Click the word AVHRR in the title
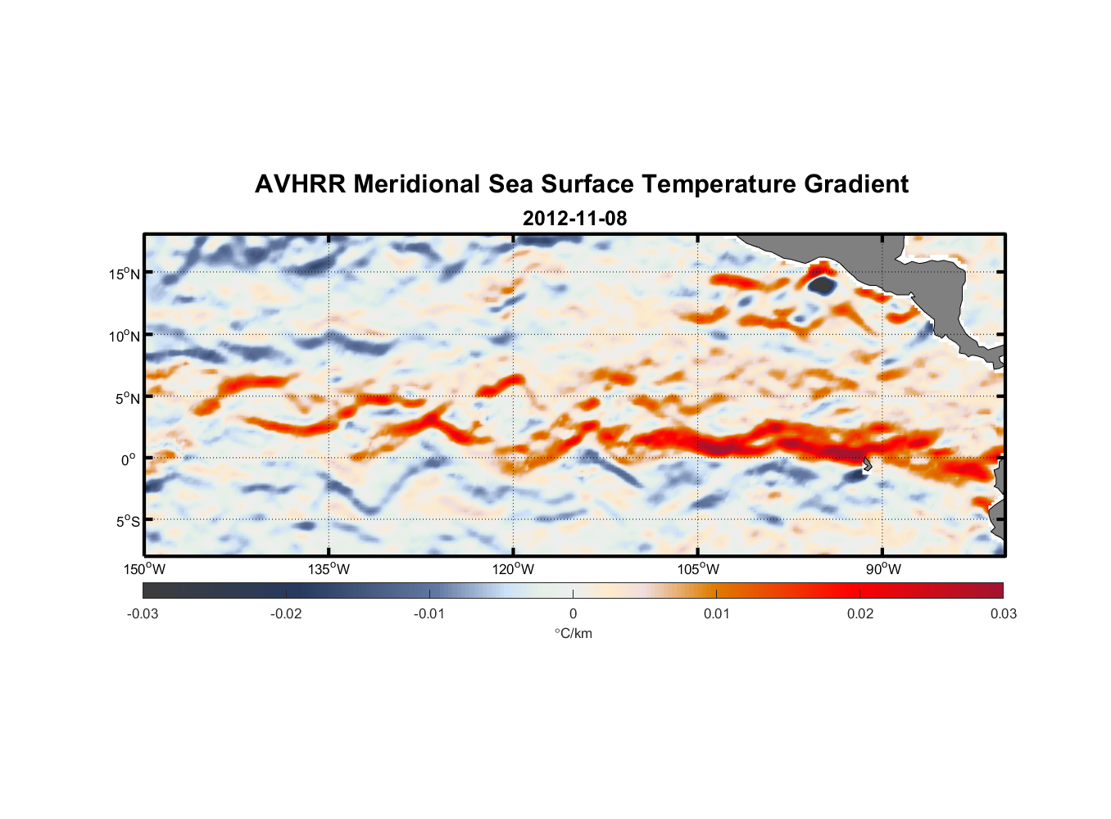click(300, 184)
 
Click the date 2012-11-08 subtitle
click(574, 219)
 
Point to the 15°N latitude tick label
click(125, 274)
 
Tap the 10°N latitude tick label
click(125, 336)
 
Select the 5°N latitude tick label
click(127, 398)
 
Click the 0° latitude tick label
click(129, 459)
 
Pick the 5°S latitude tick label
click(127, 521)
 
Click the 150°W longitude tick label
click(144, 569)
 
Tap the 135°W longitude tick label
click(329, 569)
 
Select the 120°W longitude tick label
click(513, 569)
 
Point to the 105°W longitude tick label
click(698, 569)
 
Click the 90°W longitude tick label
click(882, 569)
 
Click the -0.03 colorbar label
click(143, 614)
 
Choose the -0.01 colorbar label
click(429, 614)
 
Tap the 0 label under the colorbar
click(573, 614)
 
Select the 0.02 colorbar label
click(860, 614)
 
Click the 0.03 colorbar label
click(1003, 614)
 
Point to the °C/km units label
click(573, 633)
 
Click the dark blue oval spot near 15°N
click(821, 285)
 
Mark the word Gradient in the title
click(856, 184)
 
